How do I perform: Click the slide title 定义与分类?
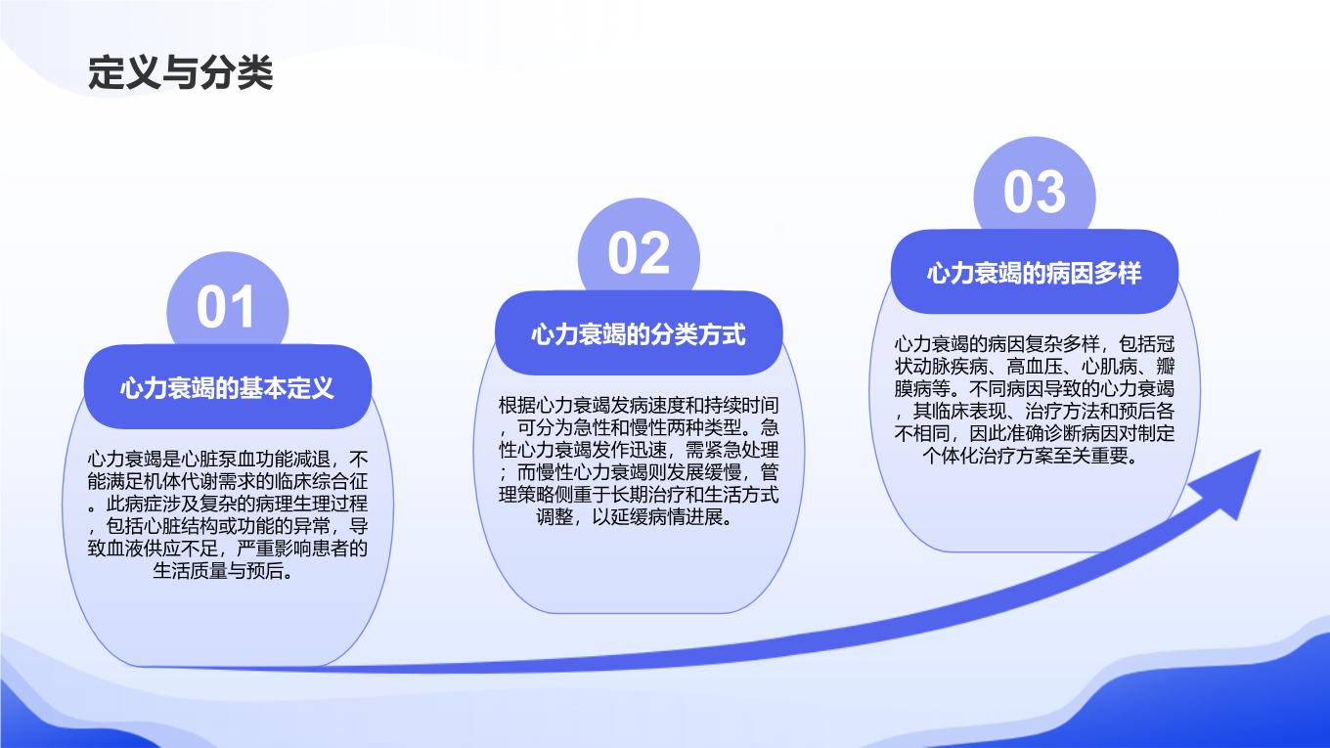tap(181, 72)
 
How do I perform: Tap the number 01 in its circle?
tap(226, 307)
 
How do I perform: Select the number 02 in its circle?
tap(639, 253)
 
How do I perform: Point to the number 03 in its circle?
tap(1035, 192)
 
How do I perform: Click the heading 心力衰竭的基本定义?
tap(228, 388)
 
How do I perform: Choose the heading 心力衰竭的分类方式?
tap(639, 334)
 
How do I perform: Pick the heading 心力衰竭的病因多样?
tap(1035, 273)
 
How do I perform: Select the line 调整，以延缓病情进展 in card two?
tap(630, 517)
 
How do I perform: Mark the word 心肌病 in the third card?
tap(1109, 367)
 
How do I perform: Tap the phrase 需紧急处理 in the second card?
tap(731, 450)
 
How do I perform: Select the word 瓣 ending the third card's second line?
tap(1166, 367)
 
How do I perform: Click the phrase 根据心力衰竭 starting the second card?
tap(554, 406)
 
